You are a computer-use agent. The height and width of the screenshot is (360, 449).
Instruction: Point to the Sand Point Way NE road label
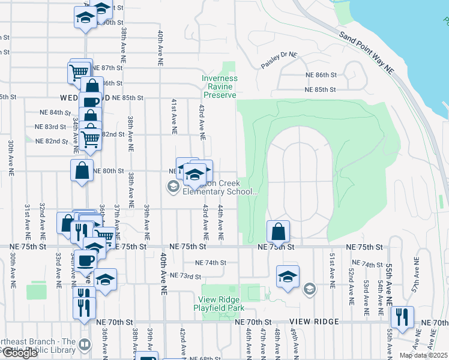[x=365, y=53]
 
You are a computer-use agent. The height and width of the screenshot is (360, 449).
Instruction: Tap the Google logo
[x=19, y=353]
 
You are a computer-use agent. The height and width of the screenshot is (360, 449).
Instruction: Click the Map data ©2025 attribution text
[x=423, y=355]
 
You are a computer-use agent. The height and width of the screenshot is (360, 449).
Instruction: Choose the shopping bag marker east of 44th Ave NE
[x=279, y=231]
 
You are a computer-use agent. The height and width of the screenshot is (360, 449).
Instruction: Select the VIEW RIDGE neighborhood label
[x=314, y=322]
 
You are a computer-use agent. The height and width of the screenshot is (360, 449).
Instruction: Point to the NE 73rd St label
[x=185, y=276]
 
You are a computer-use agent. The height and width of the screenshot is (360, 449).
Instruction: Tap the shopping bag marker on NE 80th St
[x=82, y=170]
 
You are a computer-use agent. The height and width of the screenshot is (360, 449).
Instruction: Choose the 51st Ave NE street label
[x=331, y=268]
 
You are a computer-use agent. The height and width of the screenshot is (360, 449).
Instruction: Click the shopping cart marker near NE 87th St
[x=79, y=73]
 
